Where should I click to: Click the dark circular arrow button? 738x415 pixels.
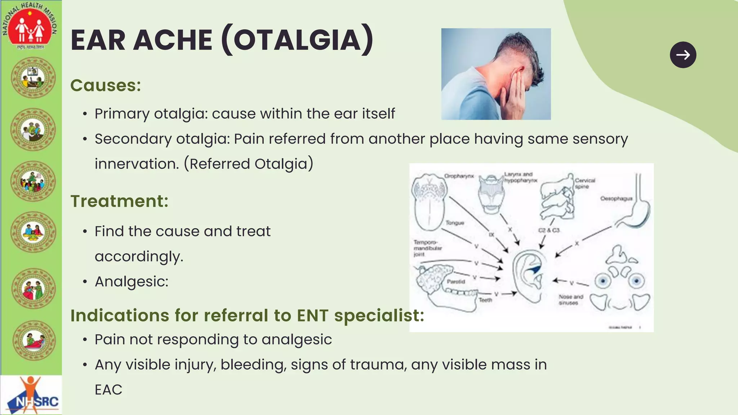coord(683,55)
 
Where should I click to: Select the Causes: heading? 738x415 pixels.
coord(106,85)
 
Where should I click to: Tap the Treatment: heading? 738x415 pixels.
coord(119,201)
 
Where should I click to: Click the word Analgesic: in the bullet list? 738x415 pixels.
coord(132,281)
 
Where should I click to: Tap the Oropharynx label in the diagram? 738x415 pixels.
coord(459,176)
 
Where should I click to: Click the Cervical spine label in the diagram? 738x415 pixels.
coord(584,183)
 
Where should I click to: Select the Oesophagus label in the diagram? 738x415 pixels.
coord(616,198)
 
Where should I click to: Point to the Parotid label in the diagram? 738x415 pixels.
coord(456,282)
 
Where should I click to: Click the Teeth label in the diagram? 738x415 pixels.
coord(485,300)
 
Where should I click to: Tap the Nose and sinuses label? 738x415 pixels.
coord(570,300)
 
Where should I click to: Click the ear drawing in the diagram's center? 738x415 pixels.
coord(528,276)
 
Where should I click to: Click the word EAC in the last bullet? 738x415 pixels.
coord(108,390)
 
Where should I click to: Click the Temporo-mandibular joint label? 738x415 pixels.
coord(427,248)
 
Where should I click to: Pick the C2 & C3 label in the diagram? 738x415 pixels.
coord(548,230)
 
